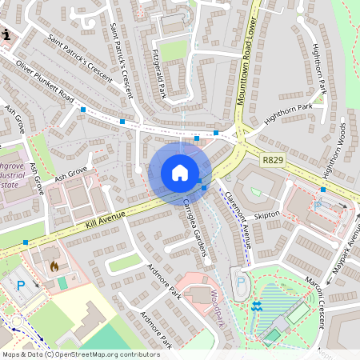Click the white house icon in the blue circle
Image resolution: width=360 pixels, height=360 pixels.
(180, 173)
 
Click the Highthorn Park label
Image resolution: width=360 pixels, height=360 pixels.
(287, 114)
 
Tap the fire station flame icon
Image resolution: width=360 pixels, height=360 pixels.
(54, 265)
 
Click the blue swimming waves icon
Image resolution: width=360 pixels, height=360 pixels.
(257, 306)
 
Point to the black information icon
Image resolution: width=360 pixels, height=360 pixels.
(7, 34)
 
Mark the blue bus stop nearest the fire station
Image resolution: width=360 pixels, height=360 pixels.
(26, 242)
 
